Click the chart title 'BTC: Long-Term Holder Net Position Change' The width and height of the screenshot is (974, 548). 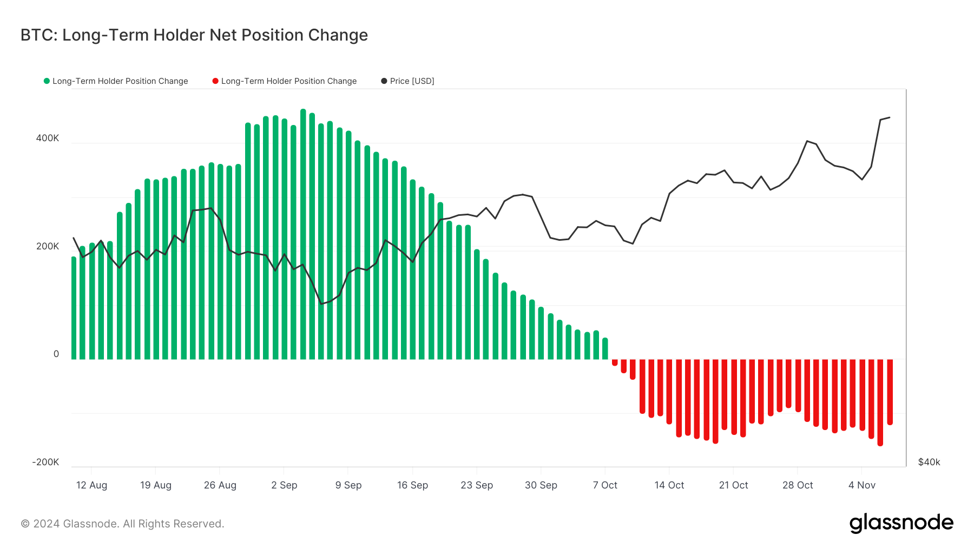[x=194, y=35]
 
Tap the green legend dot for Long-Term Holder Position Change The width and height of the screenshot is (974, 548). [x=47, y=81]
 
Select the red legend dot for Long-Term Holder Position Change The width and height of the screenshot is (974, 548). [x=215, y=81]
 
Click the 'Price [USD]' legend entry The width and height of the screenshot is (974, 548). [x=412, y=81]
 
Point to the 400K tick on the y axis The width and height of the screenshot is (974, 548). [x=48, y=138]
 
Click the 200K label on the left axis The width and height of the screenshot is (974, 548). [x=48, y=246]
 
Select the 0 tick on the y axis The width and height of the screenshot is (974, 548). [x=56, y=354]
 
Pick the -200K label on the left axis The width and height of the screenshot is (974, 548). [x=45, y=462]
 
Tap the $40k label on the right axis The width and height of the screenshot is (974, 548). [x=929, y=462]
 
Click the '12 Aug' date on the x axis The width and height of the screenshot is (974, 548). [x=91, y=485]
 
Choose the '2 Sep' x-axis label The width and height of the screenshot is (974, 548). [x=284, y=485]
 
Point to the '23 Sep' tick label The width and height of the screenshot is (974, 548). [x=477, y=485]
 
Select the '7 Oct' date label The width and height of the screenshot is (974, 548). [x=605, y=485]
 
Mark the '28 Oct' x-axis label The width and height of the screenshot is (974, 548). [x=798, y=485]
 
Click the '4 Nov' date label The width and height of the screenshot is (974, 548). [x=861, y=485]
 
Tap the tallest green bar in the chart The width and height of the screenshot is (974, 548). [x=303, y=233]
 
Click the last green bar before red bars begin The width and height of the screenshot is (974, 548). [x=605, y=349]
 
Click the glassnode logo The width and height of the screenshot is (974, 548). [x=901, y=523]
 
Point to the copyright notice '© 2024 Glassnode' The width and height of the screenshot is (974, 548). [x=122, y=524]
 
